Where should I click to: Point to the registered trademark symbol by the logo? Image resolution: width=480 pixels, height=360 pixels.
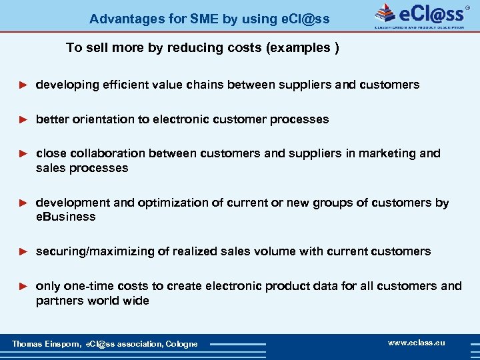pos(476,7)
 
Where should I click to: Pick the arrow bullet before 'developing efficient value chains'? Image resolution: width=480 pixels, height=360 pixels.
pos(23,85)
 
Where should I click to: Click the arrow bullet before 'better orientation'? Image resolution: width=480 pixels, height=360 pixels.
pos(23,119)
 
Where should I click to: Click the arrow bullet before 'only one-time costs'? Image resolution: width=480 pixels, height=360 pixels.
pos(23,286)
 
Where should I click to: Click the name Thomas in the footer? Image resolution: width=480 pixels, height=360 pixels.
pos(27,344)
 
